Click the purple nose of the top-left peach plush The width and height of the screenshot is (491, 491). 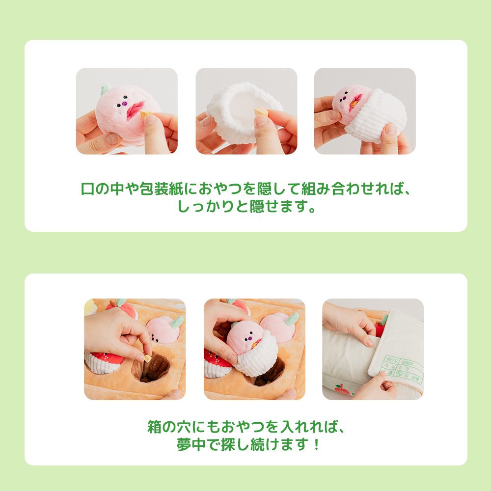click(x=125, y=104)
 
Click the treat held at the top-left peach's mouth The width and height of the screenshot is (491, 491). click(x=145, y=114)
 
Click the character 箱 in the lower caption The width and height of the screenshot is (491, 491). click(x=155, y=426)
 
